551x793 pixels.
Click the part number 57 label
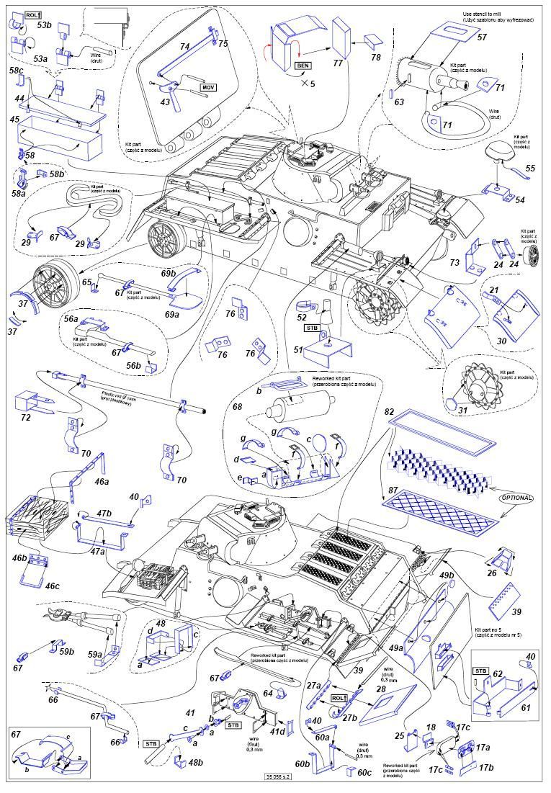pyautogui.click(x=482, y=37)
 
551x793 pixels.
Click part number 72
pyautogui.click(x=25, y=418)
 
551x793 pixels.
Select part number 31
pyautogui.click(x=463, y=411)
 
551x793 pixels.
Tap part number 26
pyautogui.click(x=491, y=573)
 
